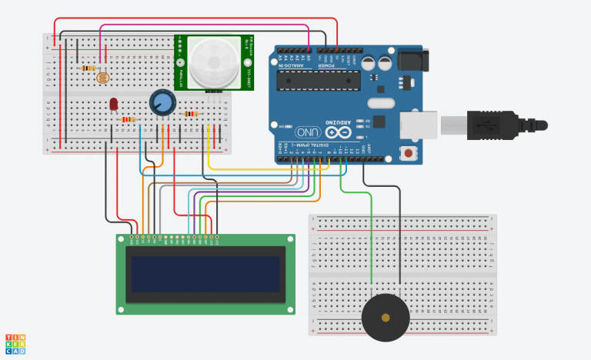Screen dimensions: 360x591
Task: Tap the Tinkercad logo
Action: point(15,344)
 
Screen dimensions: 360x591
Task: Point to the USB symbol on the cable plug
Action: point(488,123)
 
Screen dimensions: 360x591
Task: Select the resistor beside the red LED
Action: point(129,119)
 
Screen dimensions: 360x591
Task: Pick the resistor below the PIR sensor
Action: point(191,114)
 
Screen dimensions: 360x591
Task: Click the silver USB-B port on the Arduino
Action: point(419,125)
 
